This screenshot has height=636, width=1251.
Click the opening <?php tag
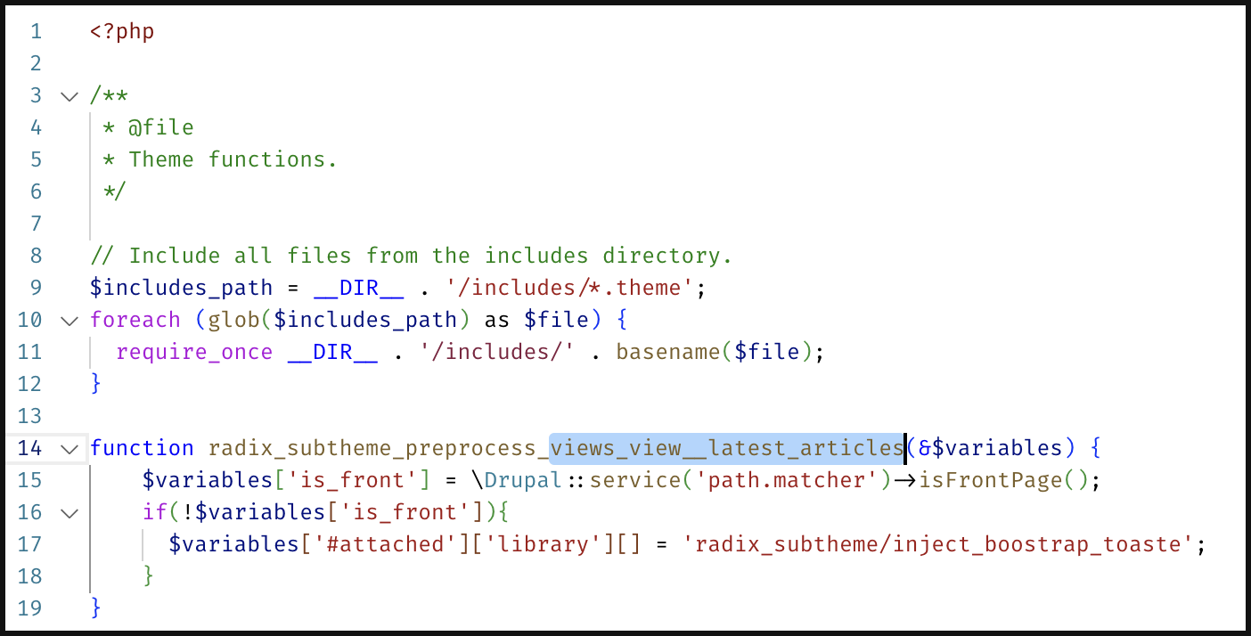click(122, 31)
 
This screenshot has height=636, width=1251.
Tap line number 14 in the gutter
click(29, 448)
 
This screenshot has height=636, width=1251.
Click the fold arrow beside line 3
click(69, 96)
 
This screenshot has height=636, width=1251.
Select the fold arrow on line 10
click(69, 321)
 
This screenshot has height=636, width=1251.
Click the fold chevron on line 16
click(69, 513)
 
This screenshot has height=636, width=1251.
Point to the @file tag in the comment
click(161, 128)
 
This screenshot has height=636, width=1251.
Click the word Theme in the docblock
click(161, 159)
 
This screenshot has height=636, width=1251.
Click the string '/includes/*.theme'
click(569, 288)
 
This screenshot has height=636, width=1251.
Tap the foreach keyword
click(135, 320)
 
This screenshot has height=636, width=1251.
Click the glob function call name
click(233, 320)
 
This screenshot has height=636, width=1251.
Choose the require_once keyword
click(194, 353)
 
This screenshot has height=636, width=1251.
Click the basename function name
click(668, 352)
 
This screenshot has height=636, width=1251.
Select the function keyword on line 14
click(142, 448)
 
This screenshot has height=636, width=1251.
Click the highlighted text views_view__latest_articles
click(726, 448)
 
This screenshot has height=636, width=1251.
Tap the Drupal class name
click(522, 480)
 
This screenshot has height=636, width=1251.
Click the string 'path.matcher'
click(787, 480)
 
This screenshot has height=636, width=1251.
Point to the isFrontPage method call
click(991, 480)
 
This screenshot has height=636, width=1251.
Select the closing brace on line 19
click(96, 607)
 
